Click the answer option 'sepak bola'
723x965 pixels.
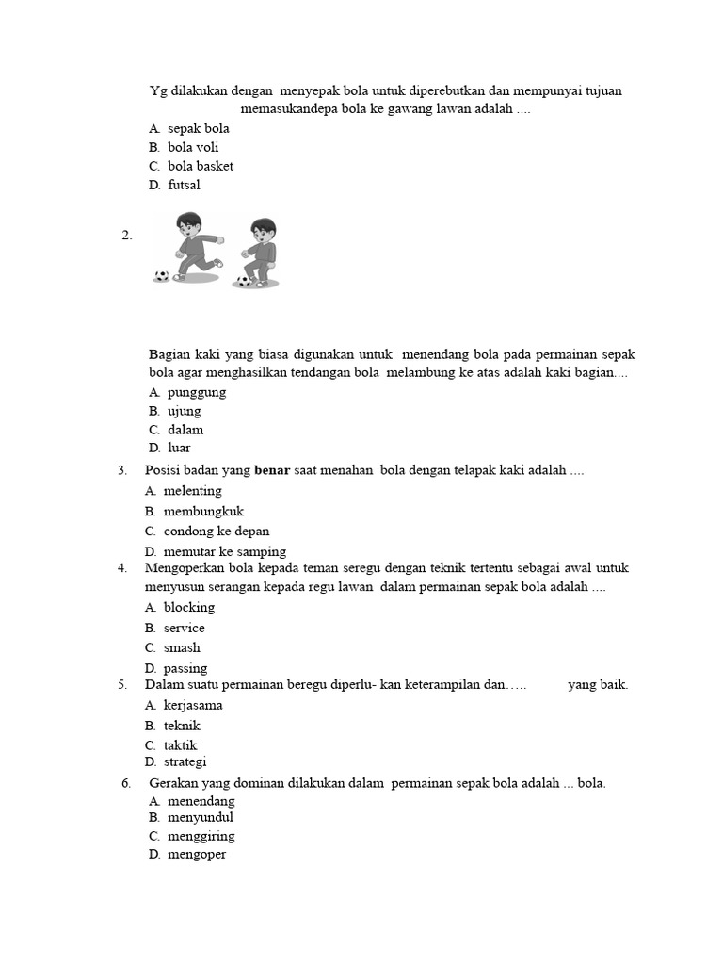pos(199,128)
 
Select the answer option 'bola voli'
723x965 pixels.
pos(193,147)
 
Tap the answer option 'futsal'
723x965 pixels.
pos(184,185)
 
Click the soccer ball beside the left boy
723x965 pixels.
pos(162,276)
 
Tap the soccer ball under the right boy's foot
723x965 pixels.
pos(245,280)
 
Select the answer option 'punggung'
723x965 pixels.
pos(197,392)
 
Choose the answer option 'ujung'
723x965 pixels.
pos(184,411)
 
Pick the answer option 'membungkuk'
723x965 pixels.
pos(203,511)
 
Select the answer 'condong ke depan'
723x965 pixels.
pos(217,531)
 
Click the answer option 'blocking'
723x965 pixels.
pos(189,607)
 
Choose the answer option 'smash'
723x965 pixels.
pos(182,647)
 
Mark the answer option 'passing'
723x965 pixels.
pos(185,668)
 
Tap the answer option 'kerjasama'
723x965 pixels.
pos(193,705)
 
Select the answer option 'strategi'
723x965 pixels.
pos(185,761)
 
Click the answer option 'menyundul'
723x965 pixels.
pos(201,817)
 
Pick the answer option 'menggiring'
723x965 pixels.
pos(201,836)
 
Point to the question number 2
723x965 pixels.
pos(127,236)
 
